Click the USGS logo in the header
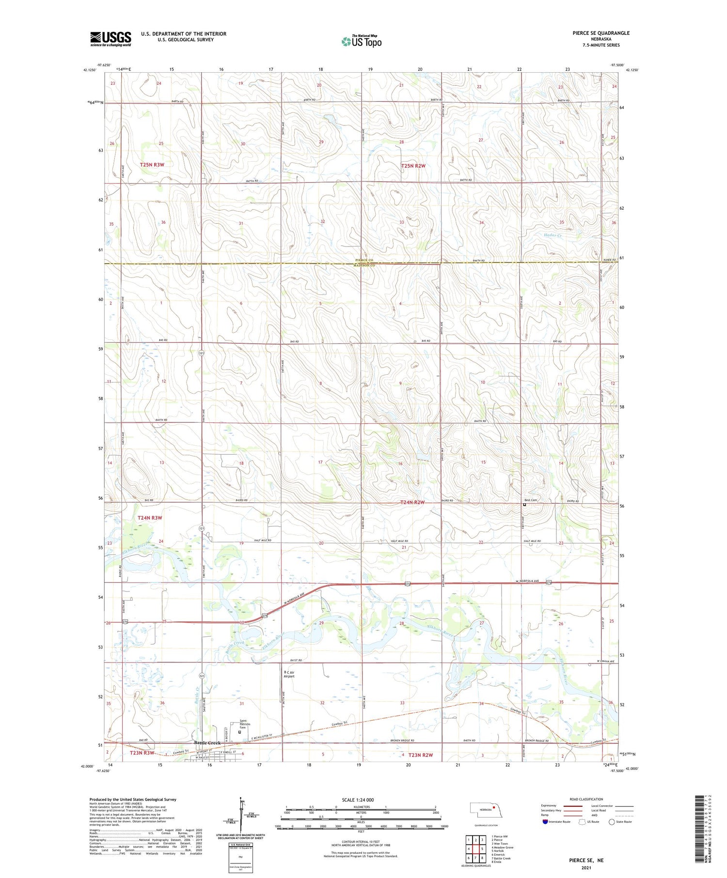click(x=111, y=39)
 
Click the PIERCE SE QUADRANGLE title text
click(x=601, y=33)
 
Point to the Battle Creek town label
click(x=207, y=743)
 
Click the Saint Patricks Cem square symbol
click(x=239, y=732)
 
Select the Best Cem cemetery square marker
click(x=524, y=505)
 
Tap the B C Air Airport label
click(x=289, y=674)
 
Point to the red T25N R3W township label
click(x=152, y=165)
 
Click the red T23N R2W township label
click(x=420, y=755)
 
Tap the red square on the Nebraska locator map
click(x=493, y=807)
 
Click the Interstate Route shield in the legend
click(x=546, y=822)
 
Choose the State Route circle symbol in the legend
click(x=612, y=822)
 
